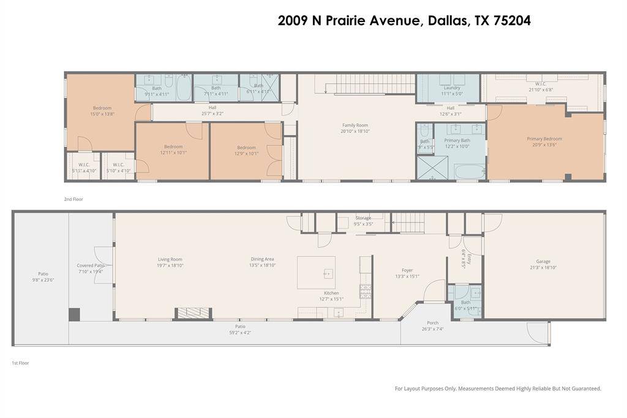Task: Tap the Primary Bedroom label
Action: coord(544,139)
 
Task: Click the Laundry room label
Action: coord(451,88)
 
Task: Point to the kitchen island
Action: coord(316,272)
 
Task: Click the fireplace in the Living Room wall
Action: coord(193,313)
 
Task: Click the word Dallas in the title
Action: coord(446,20)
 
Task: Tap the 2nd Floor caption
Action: coord(73,199)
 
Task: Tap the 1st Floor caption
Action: coord(20,363)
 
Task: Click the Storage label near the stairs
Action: coord(363,218)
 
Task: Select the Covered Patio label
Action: coord(91,265)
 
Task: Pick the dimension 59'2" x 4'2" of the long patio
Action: coord(239,333)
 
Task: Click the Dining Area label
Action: coord(262,259)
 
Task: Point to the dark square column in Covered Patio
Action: coord(74,314)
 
